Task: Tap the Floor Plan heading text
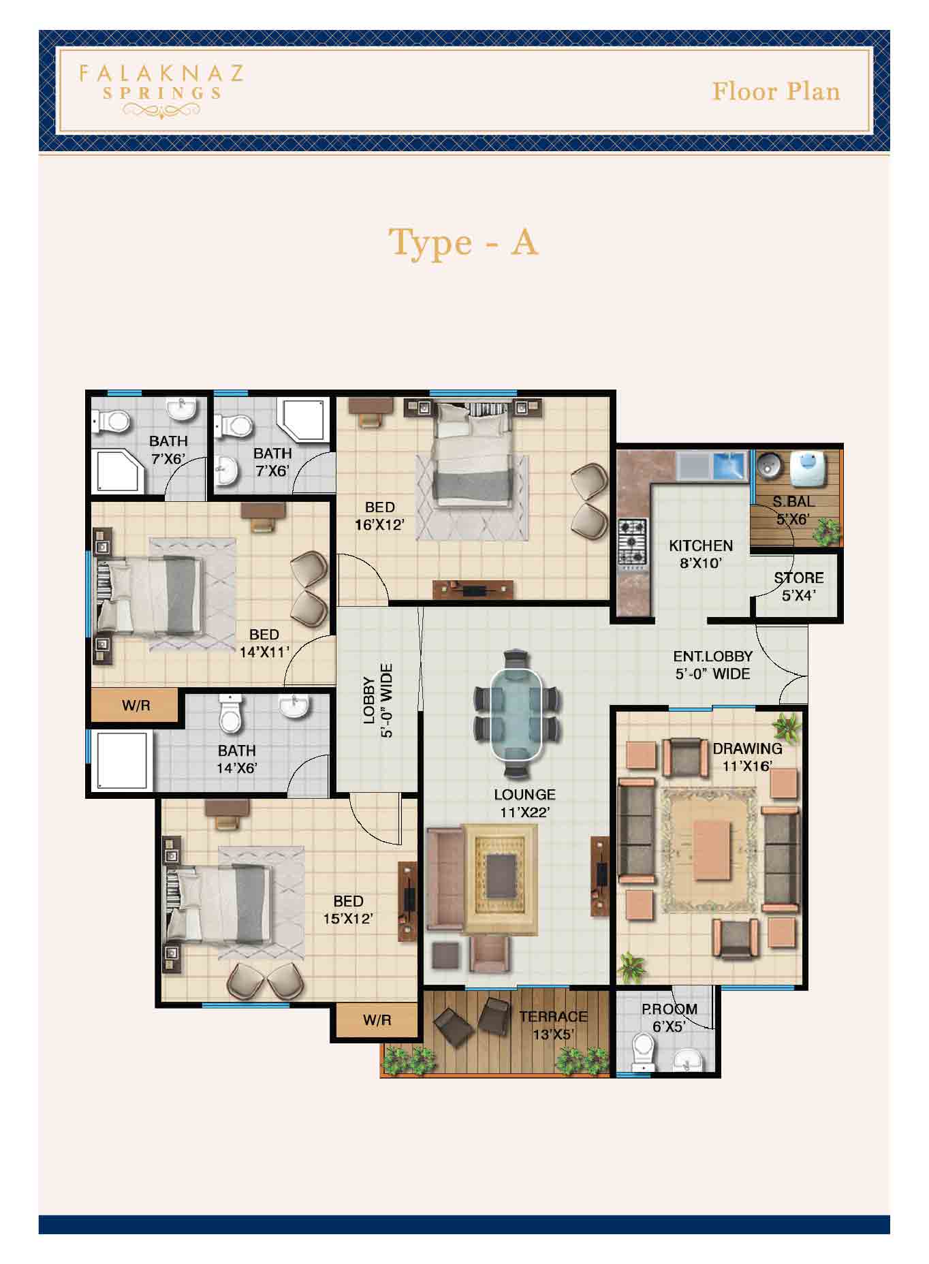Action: click(x=776, y=91)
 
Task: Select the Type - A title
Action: click(x=463, y=242)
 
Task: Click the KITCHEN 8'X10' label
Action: click(x=700, y=554)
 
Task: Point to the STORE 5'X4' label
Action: click(x=798, y=586)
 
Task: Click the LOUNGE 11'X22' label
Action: click(x=524, y=802)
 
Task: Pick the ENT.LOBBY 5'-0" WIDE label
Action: click(x=712, y=665)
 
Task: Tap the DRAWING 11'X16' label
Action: click(x=747, y=757)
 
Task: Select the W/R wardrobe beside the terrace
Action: click(x=376, y=1020)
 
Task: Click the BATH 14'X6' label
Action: click(x=236, y=759)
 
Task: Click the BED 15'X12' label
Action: click(x=347, y=909)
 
